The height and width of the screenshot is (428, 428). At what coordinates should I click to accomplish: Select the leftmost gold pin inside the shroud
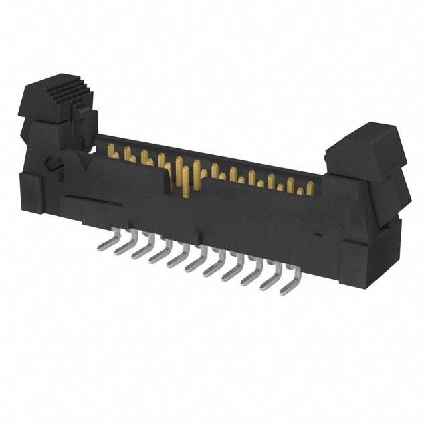pos(112,153)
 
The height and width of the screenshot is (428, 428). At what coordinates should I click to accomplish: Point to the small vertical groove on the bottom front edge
pos(200,236)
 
